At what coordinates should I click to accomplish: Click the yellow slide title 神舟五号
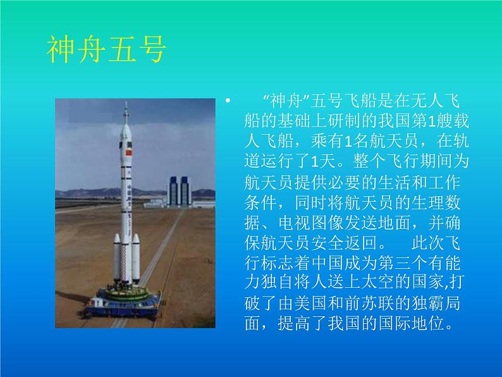(x=106, y=49)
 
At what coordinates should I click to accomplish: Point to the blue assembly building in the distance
(x=178, y=192)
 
